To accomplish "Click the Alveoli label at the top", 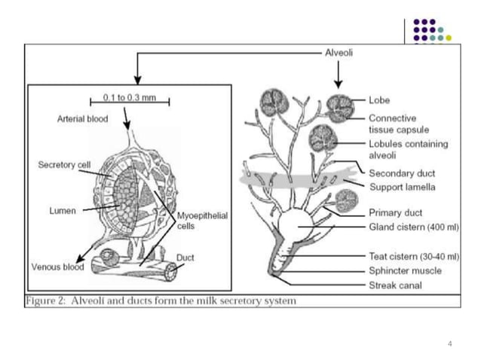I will tap(339, 53).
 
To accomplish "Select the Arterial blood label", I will tap(82, 119).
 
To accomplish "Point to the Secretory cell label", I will tap(64, 164).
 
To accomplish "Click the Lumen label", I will tap(63, 212).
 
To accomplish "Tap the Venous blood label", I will tap(56, 267).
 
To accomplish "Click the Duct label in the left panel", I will tap(185, 257).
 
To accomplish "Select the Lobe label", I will tap(379, 99).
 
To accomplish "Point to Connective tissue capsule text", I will tap(399, 124).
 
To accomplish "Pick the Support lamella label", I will tap(402, 186).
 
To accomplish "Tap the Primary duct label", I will tap(395, 212).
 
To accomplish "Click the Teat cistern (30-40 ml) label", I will tap(414, 257).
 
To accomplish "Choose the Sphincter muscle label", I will tap(405, 270).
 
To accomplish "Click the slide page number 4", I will tap(449, 344).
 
